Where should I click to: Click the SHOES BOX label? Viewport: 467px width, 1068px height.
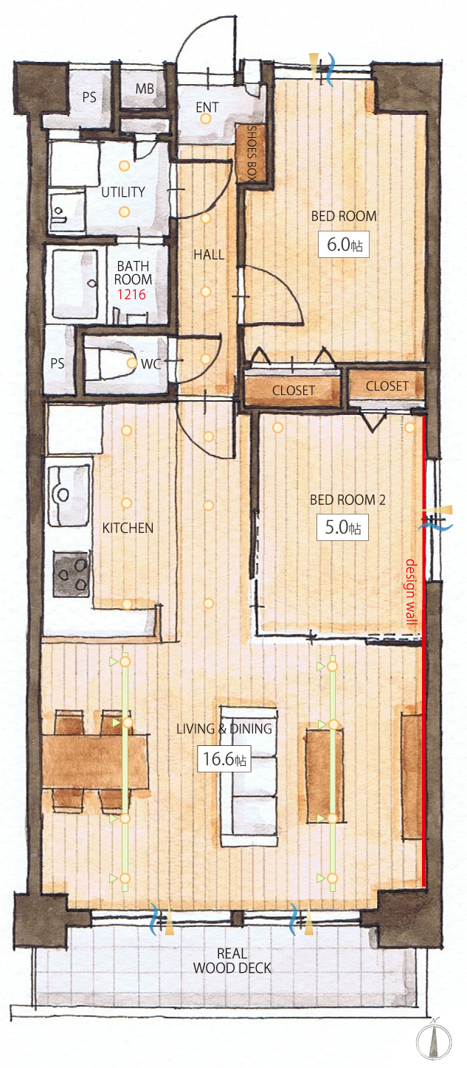click(252, 153)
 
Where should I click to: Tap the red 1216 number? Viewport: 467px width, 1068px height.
click(131, 294)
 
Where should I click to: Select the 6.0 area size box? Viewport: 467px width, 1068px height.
click(344, 245)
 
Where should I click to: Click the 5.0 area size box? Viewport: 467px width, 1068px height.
click(342, 527)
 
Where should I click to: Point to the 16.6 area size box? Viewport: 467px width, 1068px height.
click(224, 758)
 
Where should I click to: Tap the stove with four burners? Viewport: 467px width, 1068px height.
click(72, 574)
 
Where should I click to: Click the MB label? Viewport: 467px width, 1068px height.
click(145, 88)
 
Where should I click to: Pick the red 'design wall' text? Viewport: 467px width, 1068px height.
click(410, 592)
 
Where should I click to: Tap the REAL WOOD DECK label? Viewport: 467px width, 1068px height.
click(232, 960)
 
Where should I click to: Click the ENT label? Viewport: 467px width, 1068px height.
click(207, 108)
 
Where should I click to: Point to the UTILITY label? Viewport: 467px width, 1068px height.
click(123, 192)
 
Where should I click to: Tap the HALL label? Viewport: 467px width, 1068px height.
click(209, 254)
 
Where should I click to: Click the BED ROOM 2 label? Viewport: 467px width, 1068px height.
click(347, 500)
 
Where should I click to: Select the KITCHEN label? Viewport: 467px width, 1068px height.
click(128, 528)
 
